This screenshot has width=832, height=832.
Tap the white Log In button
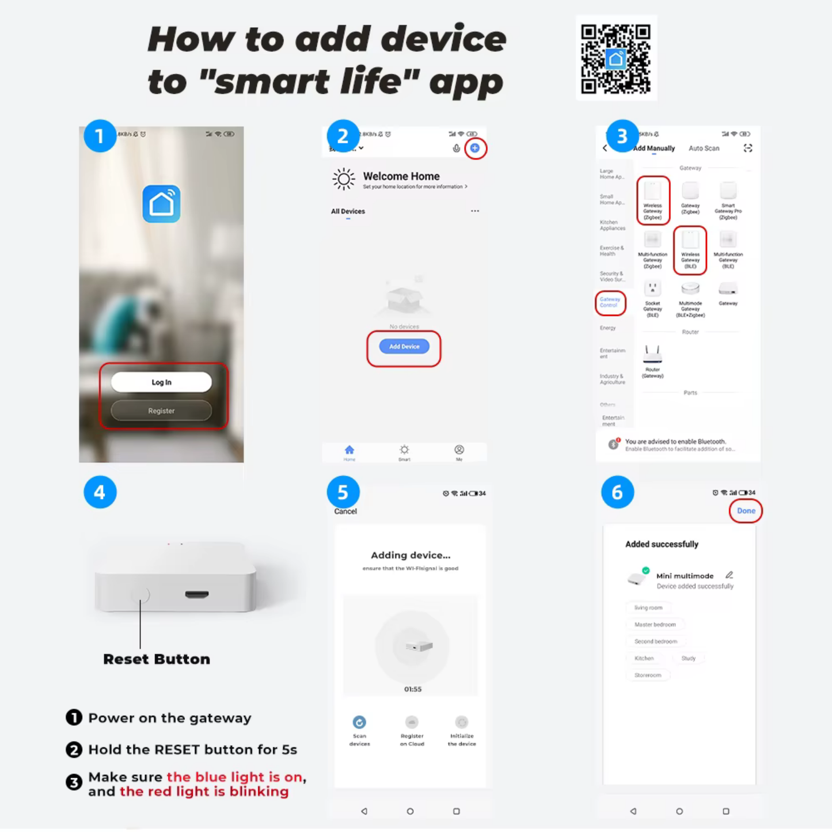coord(161,382)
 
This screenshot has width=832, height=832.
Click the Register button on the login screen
coord(161,411)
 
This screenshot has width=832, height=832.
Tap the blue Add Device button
coord(404,347)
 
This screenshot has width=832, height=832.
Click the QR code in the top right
coord(616,59)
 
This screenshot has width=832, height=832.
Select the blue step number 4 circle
coord(100,492)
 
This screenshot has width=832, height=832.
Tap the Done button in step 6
coord(746,511)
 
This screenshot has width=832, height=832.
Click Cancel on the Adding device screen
coord(345,511)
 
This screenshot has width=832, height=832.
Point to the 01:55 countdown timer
coord(413,689)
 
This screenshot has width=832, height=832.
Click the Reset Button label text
coord(157,659)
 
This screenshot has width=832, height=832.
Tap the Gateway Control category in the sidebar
coord(610,302)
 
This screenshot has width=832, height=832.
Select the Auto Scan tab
coord(704,149)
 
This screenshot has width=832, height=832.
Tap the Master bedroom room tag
coord(655,625)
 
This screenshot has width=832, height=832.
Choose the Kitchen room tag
coord(644,658)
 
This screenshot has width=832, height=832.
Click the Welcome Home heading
coord(401,177)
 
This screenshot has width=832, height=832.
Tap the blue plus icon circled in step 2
coord(475,149)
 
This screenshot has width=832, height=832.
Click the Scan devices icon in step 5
coord(359,722)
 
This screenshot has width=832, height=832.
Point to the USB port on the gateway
coord(197,594)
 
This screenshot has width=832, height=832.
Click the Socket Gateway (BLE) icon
coord(652,288)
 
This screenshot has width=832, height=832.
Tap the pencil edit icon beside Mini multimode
coord(729,575)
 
